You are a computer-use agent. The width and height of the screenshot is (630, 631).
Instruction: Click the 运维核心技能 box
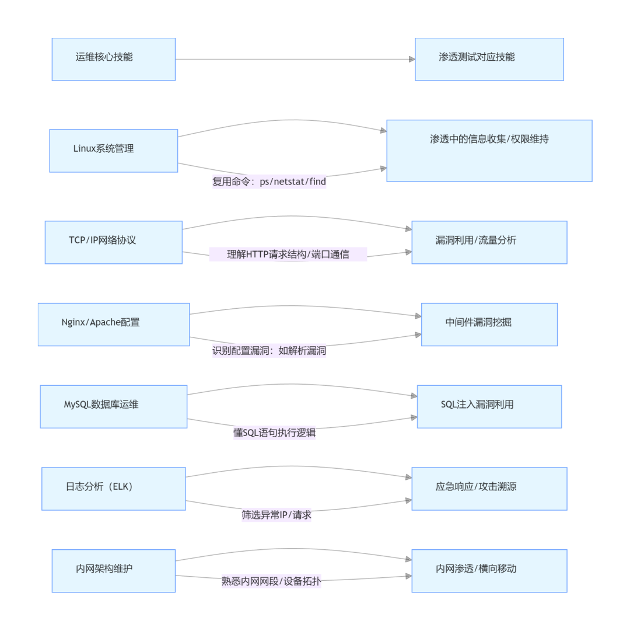pyautogui.click(x=113, y=59)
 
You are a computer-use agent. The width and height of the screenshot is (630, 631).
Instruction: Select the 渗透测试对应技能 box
pyautogui.click(x=489, y=59)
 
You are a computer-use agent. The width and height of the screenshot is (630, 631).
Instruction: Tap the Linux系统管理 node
pyautogui.click(x=113, y=151)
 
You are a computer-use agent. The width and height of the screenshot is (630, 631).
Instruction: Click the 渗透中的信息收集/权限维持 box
pyautogui.click(x=489, y=151)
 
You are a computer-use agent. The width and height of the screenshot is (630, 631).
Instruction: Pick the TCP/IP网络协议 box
pyautogui.click(x=113, y=242)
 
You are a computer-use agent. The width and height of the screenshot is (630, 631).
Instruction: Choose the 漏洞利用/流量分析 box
pyautogui.click(x=489, y=242)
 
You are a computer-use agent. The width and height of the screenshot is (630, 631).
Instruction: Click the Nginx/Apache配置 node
pyautogui.click(x=113, y=324)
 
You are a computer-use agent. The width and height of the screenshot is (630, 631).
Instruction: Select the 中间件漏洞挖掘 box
pyautogui.click(x=489, y=324)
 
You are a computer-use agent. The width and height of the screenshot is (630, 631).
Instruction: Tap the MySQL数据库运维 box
pyautogui.click(x=113, y=406)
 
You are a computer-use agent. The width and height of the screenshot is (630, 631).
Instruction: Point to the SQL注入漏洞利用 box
pyautogui.click(x=489, y=406)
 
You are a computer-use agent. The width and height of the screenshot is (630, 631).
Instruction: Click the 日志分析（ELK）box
pyautogui.click(x=113, y=489)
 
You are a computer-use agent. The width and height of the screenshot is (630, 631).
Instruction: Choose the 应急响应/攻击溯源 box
pyautogui.click(x=489, y=489)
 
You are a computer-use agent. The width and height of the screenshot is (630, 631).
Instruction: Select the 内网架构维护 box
pyautogui.click(x=113, y=570)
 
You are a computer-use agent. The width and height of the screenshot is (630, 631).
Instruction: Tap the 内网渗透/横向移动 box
pyautogui.click(x=489, y=570)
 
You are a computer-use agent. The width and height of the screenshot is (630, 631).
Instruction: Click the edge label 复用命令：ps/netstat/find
pyautogui.click(x=269, y=182)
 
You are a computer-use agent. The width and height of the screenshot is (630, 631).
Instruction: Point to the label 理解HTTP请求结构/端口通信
pyautogui.click(x=288, y=255)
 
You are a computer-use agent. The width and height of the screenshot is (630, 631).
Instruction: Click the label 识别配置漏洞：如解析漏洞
pyautogui.click(x=269, y=351)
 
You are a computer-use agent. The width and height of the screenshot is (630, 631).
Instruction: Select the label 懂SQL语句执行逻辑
pyautogui.click(x=274, y=433)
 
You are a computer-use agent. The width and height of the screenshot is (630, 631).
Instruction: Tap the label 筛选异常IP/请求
pyautogui.click(x=276, y=515)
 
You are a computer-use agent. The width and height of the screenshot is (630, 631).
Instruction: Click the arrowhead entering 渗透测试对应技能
pyautogui.click(x=411, y=59)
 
